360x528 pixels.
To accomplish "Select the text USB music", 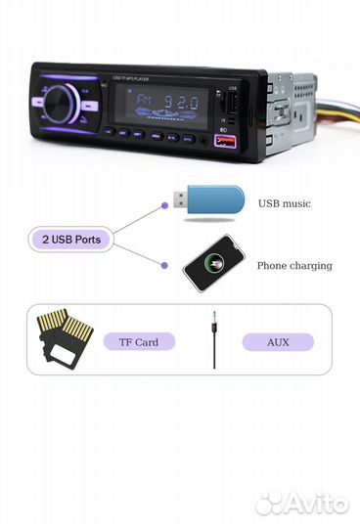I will point(285,203).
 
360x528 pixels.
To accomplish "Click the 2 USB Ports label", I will point(69,239).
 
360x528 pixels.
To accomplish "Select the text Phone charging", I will point(293,265).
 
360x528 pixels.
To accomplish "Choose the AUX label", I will point(278,342).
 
